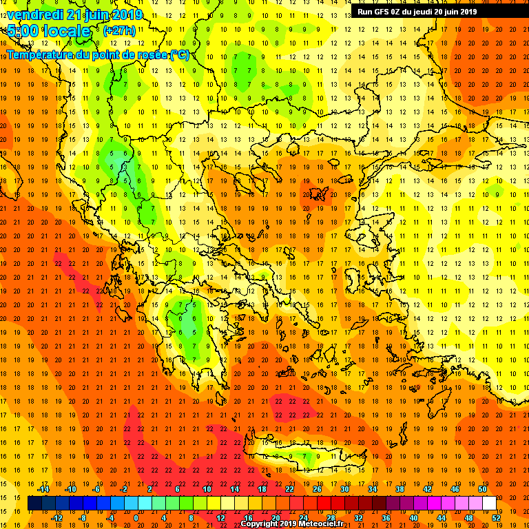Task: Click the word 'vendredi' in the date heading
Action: [36, 14]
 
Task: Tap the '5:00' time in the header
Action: [23, 31]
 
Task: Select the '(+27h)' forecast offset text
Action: [118, 31]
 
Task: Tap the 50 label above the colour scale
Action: [482, 489]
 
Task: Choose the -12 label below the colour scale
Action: [58, 518]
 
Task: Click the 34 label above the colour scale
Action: [372, 489]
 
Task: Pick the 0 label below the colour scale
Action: [136, 518]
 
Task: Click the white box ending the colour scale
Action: [489, 504]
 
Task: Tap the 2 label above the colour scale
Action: [149, 489]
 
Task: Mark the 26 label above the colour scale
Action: [317, 489]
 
